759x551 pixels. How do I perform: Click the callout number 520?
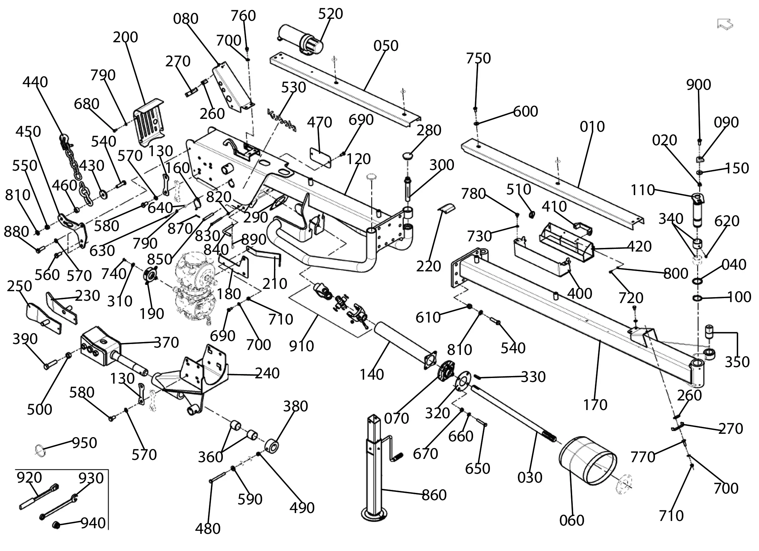click(330, 14)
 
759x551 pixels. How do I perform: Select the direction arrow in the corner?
click(725, 24)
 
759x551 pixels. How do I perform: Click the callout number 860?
click(434, 495)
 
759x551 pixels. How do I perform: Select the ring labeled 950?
click(40, 449)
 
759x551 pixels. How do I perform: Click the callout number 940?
click(93, 523)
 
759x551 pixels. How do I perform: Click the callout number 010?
click(592, 126)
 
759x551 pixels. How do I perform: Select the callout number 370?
click(166, 342)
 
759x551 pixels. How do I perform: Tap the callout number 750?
click(478, 58)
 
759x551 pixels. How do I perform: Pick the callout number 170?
click(595, 405)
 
